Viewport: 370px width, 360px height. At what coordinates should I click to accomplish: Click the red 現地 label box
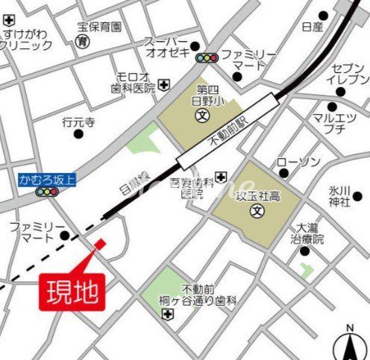coord(72,291)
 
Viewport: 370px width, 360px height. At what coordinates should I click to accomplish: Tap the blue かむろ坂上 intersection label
coord(48,180)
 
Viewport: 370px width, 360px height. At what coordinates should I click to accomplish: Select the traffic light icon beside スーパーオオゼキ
coord(206,57)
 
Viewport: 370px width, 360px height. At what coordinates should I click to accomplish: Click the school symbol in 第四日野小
coord(202,116)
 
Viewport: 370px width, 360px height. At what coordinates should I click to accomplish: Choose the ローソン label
coord(298,162)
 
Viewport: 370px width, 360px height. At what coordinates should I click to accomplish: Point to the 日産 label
coord(312,27)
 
